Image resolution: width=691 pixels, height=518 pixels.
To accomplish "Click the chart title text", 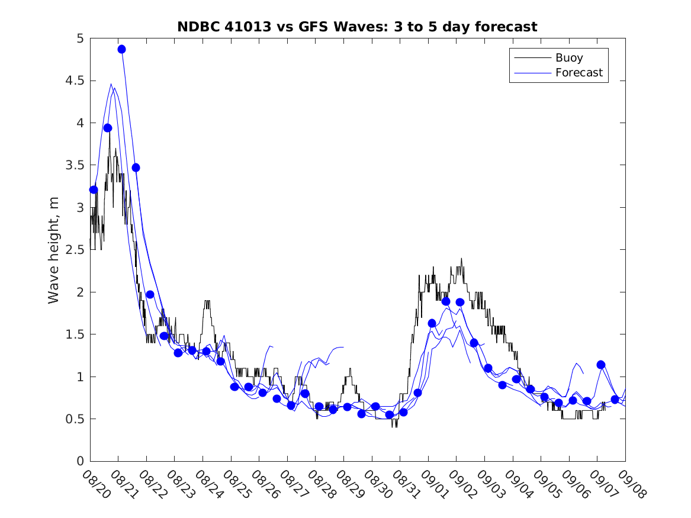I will click(x=357, y=27).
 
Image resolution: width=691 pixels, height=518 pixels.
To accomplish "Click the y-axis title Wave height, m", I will click(x=54, y=250).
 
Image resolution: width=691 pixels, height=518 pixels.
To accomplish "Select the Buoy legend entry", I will click(x=568, y=58).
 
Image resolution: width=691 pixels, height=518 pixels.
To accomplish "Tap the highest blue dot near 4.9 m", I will click(x=121, y=49).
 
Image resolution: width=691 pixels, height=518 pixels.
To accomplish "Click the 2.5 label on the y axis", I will click(x=76, y=250).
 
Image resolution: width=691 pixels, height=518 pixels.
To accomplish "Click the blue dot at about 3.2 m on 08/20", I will click(x=93, y=189).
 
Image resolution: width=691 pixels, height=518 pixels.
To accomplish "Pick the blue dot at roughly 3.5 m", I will click(x=136, y=168).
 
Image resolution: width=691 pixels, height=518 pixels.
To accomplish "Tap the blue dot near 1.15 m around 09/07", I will click(x=601, y=365).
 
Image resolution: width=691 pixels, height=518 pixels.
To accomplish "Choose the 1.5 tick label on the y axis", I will click(x=76, y=334).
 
